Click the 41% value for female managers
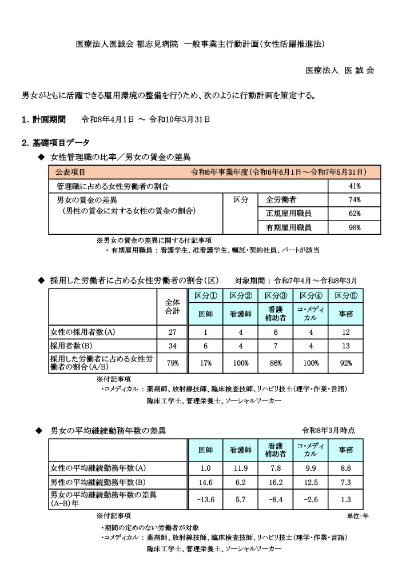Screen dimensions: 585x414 (354, 186)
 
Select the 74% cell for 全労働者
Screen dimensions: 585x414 (354, 200)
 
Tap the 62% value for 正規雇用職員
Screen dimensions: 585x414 (354, 214)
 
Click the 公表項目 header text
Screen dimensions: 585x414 (70, 172)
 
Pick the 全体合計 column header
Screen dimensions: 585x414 (172, 307)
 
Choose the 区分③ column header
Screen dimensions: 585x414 (274, 295)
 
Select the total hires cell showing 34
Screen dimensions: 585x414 (172, 347)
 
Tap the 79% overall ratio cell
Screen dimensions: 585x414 (172, 363)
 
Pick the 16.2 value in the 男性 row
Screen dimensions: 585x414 (275, 482)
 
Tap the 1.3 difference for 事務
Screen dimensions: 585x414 (345, 499)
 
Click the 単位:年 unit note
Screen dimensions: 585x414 (357, 516)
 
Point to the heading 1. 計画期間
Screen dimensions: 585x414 (44, 120)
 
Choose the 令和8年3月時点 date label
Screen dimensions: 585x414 (328, 430)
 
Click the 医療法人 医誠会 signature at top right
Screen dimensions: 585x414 (340, 70)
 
